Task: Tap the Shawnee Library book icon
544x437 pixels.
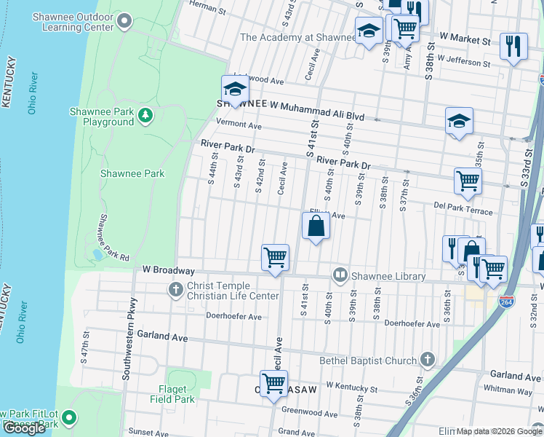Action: click(x=340, y=275)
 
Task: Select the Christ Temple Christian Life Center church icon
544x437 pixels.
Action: click(x=175, y=290)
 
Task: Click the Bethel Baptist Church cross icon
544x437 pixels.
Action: click(x=428, y=360)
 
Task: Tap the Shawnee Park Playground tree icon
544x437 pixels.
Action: click(x=146, y=115)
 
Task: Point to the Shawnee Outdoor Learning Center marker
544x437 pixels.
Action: click(x=125, y=22)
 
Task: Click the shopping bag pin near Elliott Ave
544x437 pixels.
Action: click(x=316, y=226)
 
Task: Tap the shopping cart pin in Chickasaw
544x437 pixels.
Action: click(x=274, y=384)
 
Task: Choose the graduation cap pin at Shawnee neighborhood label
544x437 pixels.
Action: click(x=236, y=90)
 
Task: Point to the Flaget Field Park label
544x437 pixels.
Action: click(x=172, y=394)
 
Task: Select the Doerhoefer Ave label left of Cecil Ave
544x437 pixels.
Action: click(x=233, y=317)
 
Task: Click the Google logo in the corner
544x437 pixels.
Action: click(x=25, y=428)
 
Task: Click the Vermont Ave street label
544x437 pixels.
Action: click(x=239, y=125)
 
